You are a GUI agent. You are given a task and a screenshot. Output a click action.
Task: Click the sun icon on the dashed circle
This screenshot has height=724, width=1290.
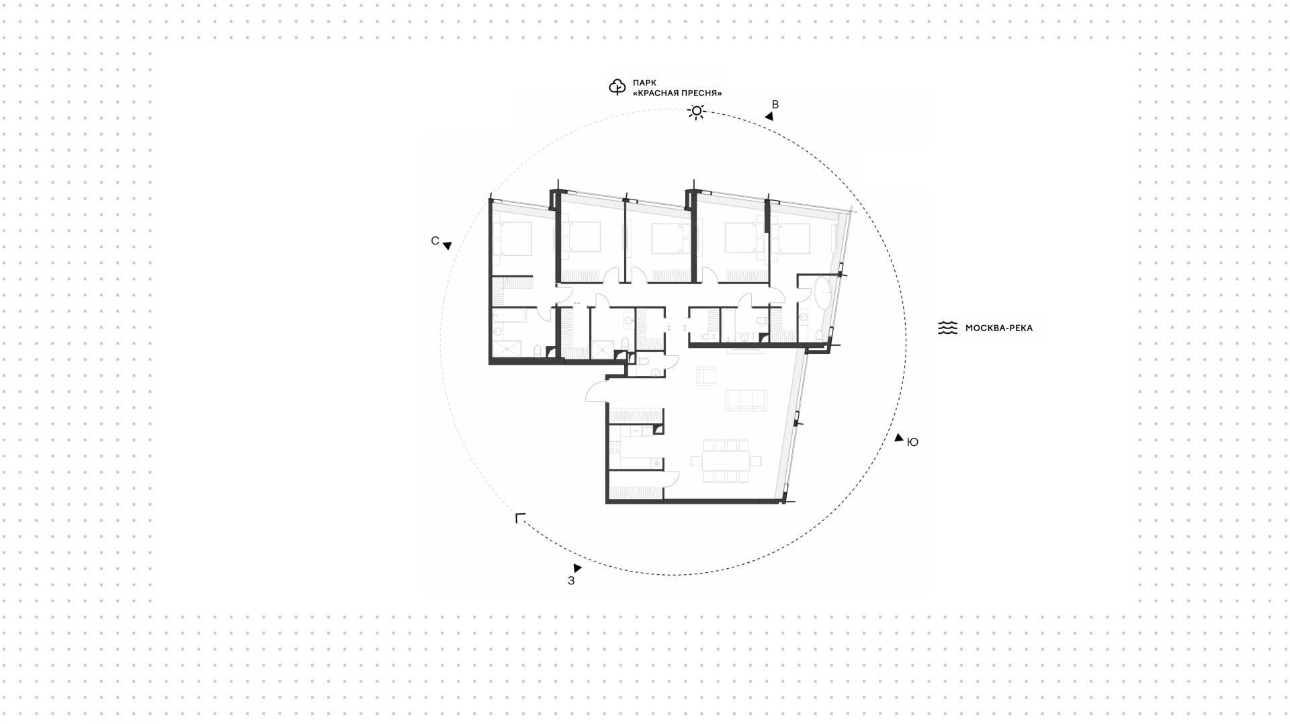point(697,111)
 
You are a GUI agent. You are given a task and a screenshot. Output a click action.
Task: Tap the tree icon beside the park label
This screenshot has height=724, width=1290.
point(617,87)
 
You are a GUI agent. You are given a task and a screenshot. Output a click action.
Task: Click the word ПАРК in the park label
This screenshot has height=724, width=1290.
point(644,83)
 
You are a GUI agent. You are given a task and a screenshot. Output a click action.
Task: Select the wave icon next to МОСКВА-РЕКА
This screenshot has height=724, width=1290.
point(947,328)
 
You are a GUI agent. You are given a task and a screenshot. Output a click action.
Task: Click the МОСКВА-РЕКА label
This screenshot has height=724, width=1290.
point(998,328)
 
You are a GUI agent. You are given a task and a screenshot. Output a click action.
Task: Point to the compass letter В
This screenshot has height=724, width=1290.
point(775,105)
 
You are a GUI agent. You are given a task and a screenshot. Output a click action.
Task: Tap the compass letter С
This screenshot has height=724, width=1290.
point(435,240)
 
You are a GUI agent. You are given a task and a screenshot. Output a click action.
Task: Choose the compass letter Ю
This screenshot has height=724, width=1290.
point(912,442)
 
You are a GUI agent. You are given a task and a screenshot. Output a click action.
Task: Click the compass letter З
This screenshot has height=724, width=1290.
point(571,581)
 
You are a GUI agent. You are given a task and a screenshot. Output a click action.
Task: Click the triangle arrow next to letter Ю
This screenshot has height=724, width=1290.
point(899,437)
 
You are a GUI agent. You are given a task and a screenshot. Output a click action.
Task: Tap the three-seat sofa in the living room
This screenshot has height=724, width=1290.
point(746,400)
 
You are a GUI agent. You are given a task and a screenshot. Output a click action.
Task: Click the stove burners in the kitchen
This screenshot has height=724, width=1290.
point(614,446)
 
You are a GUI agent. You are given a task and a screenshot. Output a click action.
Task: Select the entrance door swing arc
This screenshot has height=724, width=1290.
point(595,390)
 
